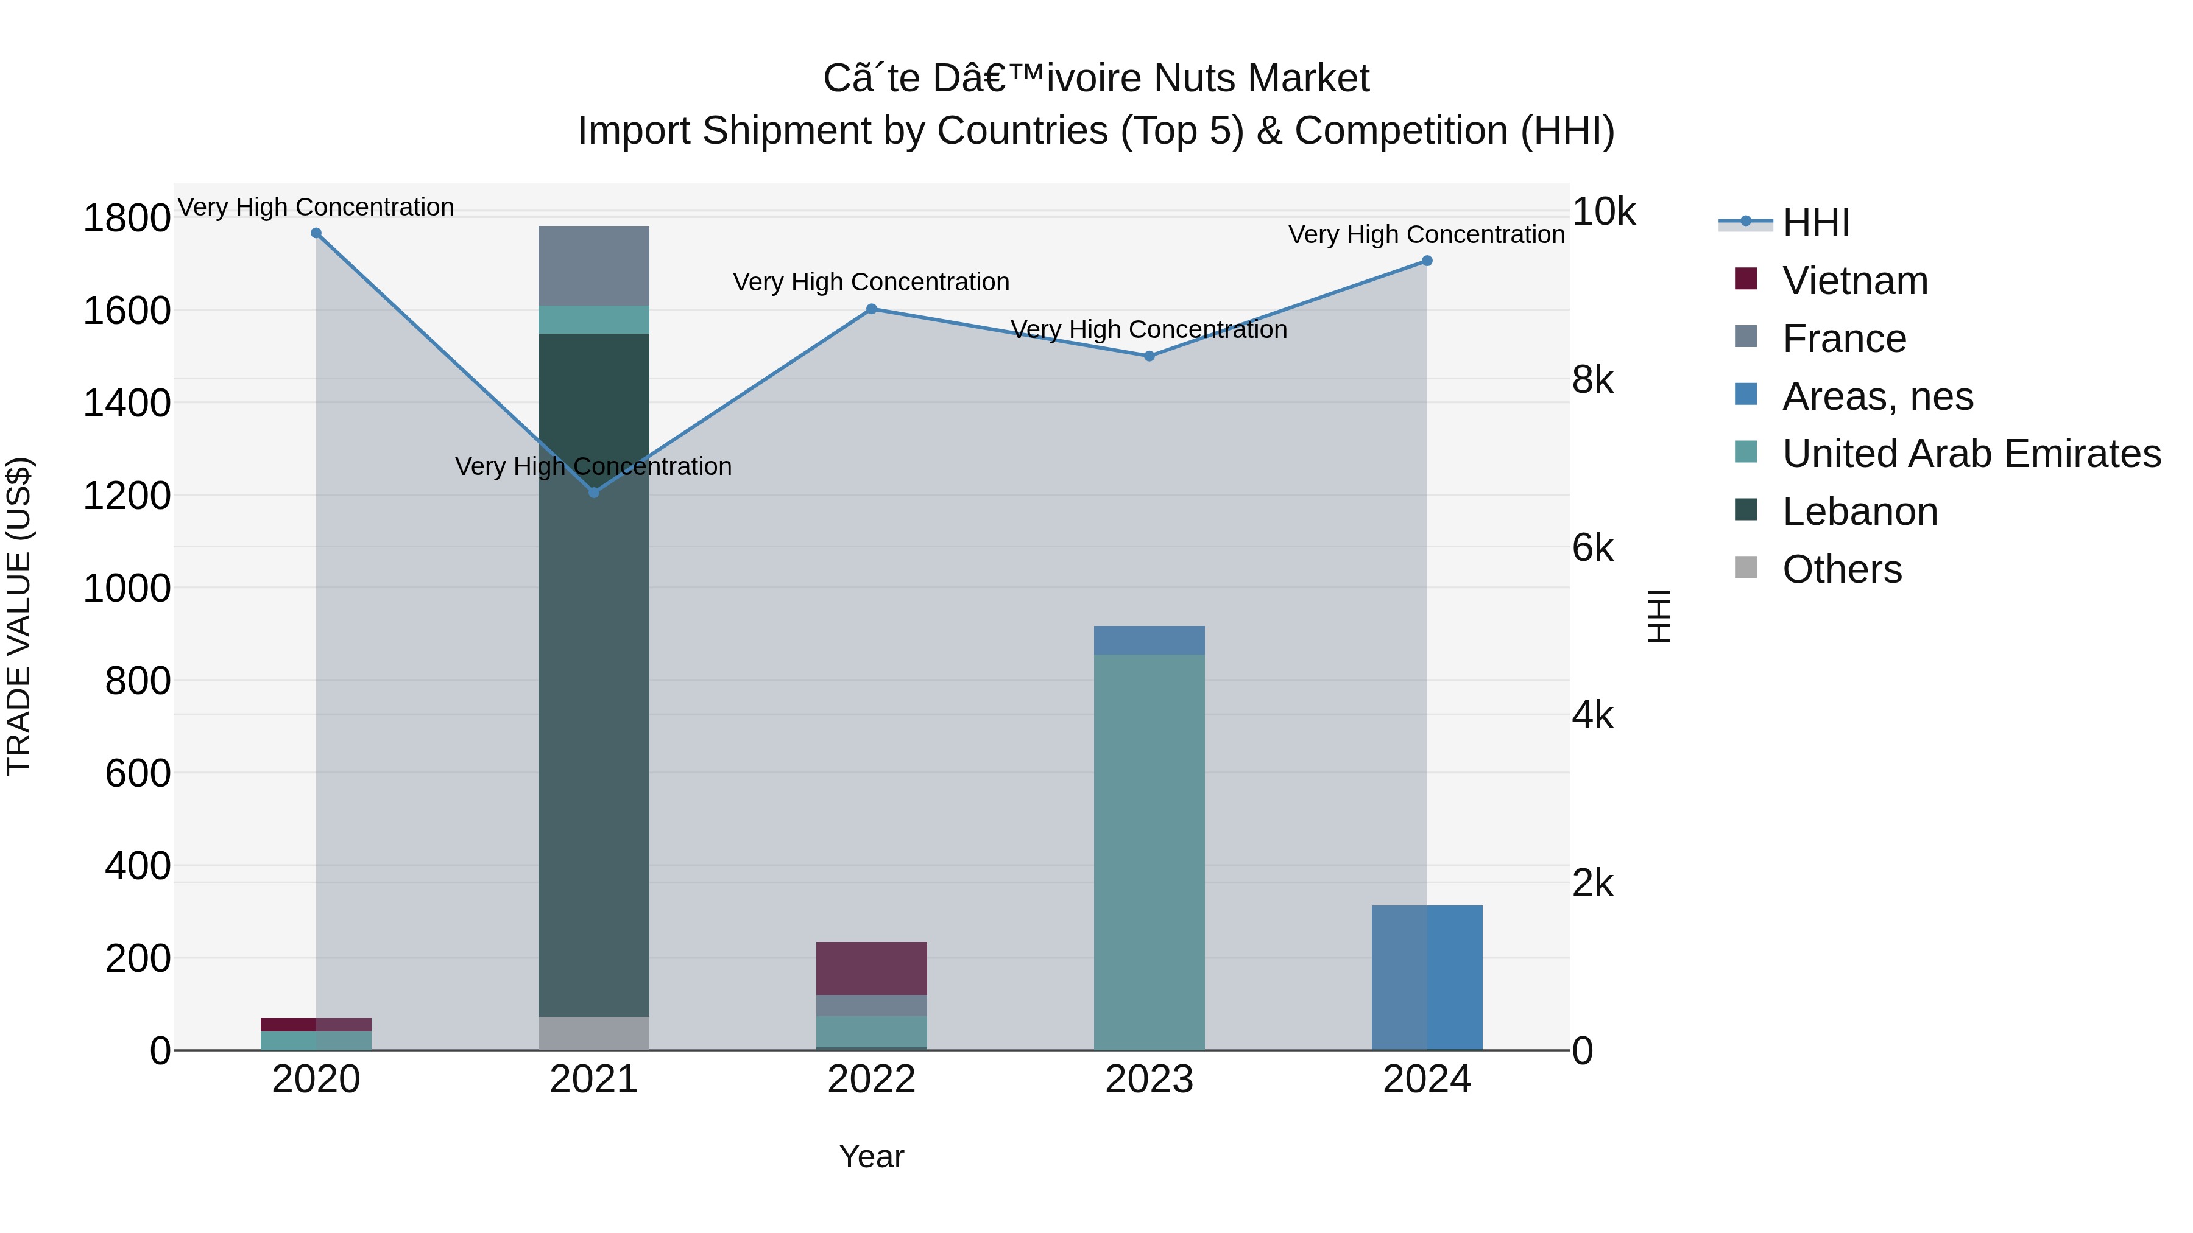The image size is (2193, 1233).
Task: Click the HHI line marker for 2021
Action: [594, 492]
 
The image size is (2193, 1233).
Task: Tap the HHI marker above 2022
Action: [871, 309]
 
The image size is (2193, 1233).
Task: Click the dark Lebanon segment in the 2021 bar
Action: [594, 681]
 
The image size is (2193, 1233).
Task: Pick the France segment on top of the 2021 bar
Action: [594, 265]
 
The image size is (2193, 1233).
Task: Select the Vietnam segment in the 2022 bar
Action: [871, 968]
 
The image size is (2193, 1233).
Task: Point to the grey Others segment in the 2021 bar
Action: [594, 1033]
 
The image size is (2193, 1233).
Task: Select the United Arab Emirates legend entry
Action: [1970, 454]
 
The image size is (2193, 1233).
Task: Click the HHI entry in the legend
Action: [1815, 223]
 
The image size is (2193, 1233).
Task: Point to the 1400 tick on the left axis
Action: [126, 402]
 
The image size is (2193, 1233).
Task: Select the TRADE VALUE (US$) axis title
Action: [19, 616]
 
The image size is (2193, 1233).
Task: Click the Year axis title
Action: [871, 1156]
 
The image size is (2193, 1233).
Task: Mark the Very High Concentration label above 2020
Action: [316, 207]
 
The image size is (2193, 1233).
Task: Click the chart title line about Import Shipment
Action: [1096, 131]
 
